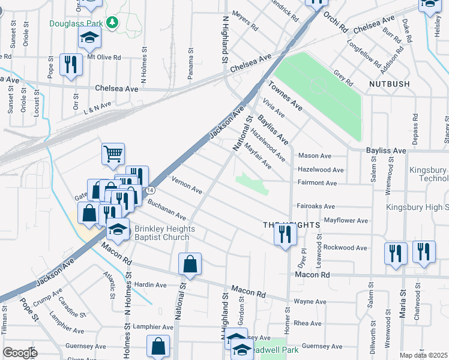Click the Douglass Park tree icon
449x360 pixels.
point(111,22)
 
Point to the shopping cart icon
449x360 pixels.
point(113,154)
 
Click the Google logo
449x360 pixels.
point(20,353)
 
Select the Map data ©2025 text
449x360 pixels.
point(423,355)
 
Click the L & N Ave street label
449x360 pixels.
point(97,106)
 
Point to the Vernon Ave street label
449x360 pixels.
point(187,185)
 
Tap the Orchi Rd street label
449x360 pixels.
point(334,21)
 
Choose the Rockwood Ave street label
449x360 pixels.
point(345,247)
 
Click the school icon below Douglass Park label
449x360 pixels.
point(89,38)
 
